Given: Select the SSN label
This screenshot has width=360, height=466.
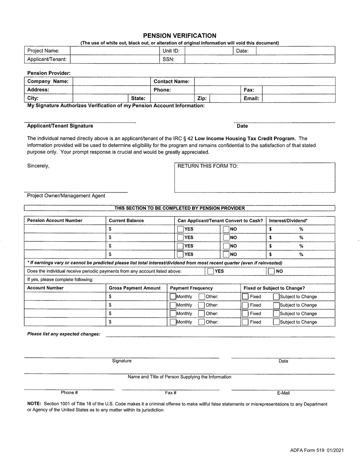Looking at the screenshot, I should [x=168, y=59].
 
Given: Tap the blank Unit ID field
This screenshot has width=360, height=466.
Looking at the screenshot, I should [x=208, y=51].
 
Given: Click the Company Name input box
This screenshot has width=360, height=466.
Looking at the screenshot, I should [x=111, y=81].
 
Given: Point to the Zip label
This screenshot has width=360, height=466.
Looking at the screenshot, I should [x=202, y=99].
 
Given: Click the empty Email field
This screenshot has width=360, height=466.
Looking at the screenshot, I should [x=298, y=99].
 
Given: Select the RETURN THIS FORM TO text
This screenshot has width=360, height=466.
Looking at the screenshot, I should [x=208, y=166].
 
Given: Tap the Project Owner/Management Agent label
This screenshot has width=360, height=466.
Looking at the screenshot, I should [x=66, y=196].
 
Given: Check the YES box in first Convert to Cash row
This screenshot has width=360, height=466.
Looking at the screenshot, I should [x=180, y=229].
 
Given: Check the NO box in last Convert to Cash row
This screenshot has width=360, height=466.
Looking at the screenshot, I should [x=226, y=255].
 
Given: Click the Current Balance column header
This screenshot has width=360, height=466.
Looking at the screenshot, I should [x=126, y=220].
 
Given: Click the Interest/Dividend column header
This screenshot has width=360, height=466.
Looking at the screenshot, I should [x=288, y=220].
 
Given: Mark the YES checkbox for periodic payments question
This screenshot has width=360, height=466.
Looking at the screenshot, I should [x=211, y=271].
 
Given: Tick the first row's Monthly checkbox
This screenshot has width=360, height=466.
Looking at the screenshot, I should [x=173, y=297].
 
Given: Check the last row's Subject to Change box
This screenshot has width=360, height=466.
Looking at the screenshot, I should [x=276, y=322].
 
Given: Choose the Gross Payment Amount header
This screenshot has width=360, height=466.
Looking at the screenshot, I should [x=135, y=288].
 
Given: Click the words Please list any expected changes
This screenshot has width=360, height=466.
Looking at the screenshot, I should [x=64, y=334].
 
